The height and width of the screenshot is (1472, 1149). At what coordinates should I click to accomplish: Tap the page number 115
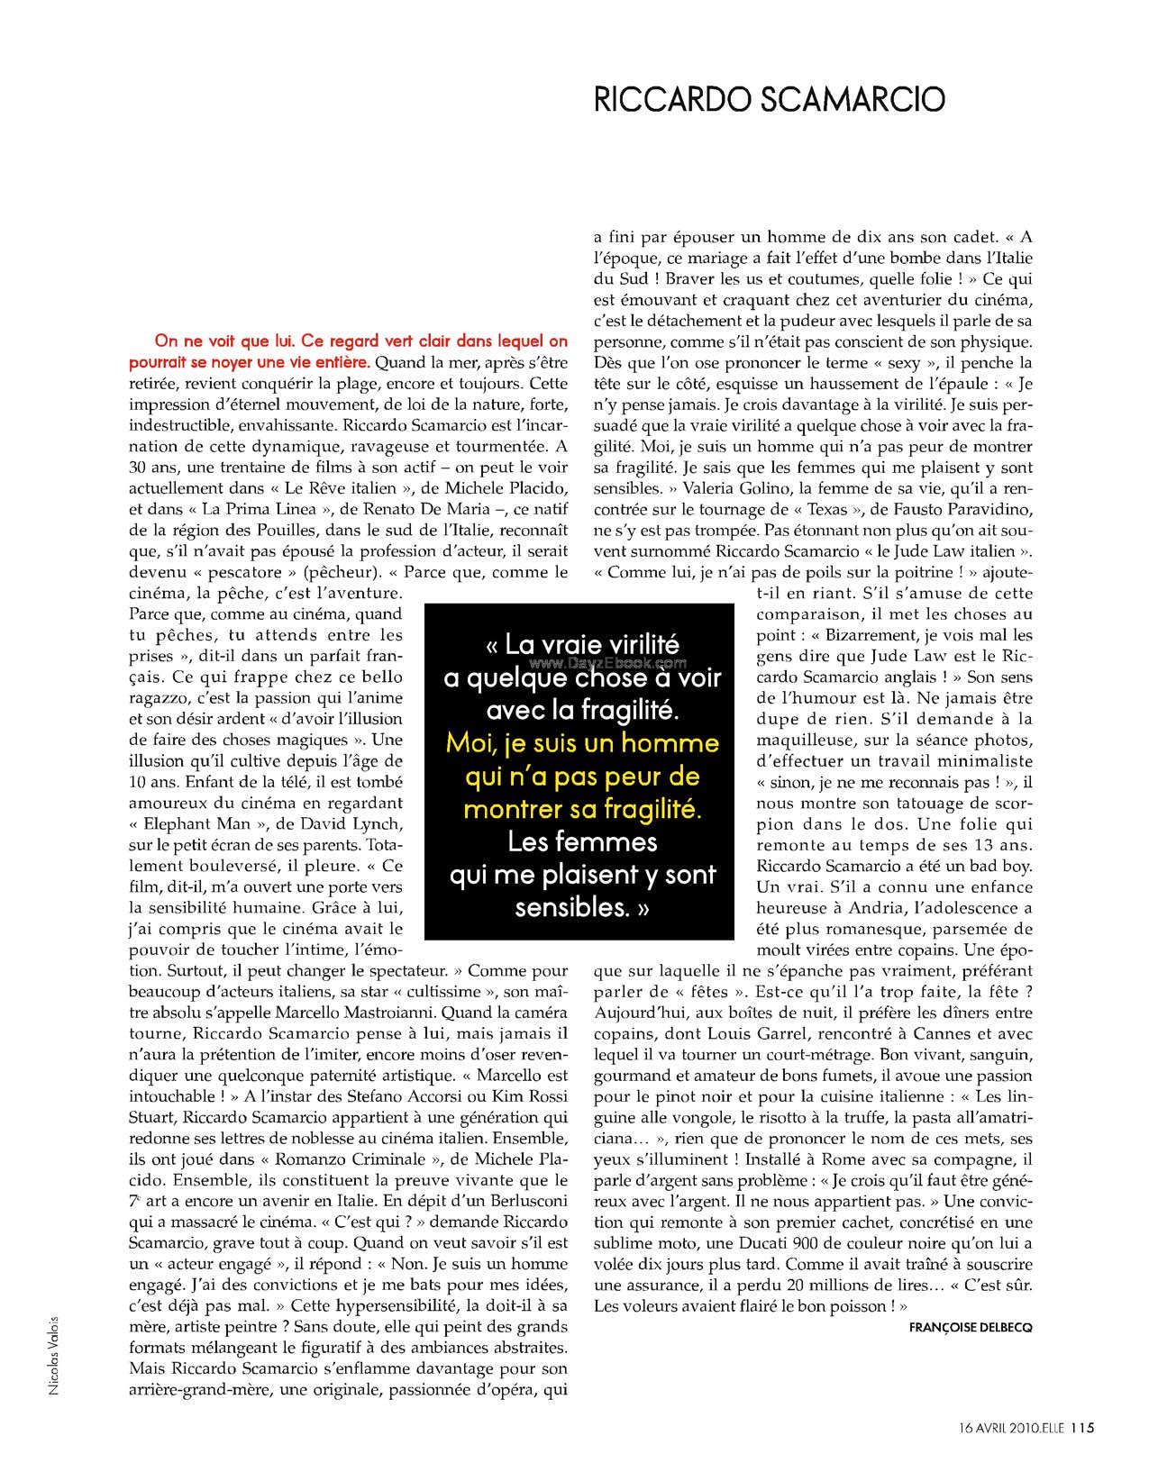coord(1082,1426)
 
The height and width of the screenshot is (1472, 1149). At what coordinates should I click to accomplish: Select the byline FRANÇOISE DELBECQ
coord(971,1327)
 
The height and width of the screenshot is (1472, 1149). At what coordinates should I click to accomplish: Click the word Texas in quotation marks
coord(828,509)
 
